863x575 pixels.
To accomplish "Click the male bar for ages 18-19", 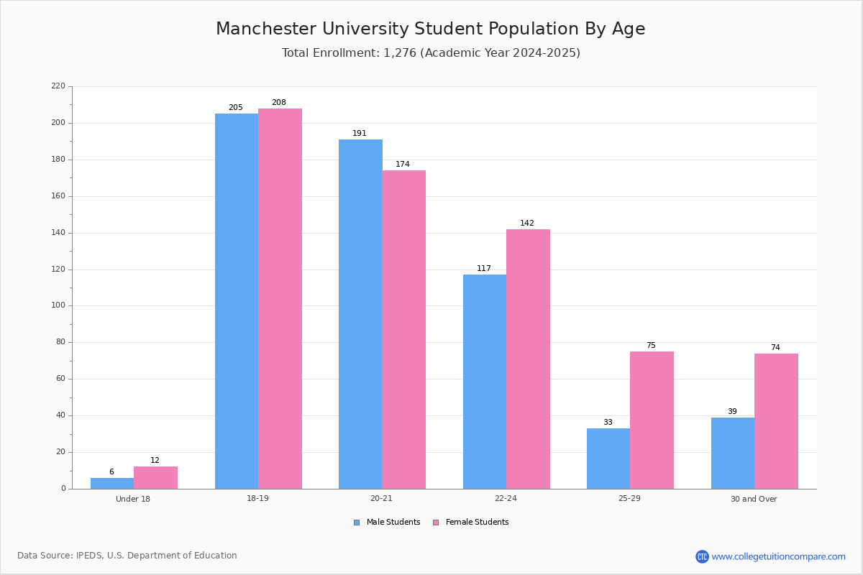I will [x=237, y=301].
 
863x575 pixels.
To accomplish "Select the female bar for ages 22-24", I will [x=528, y=359].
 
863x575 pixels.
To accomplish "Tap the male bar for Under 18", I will [x=112, y=483].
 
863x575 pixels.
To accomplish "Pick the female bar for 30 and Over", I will [x=776, y=420].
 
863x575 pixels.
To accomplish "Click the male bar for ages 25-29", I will [x=608, y=459].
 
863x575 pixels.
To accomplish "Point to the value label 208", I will [x=278, y=103].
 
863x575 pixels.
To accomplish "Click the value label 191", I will [x=360, y=134].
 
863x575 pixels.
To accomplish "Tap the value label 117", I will [x=484, y=269].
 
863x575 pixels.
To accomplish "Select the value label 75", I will [x=651, y=346].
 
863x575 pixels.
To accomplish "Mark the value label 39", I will [x=732, y=412].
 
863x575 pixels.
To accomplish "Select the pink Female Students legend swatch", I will [x=436, y=523].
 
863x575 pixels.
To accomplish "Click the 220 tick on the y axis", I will [x=58, y=86].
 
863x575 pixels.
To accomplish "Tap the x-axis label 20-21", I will [x=382, y=499].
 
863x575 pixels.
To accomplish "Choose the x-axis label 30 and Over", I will [x=754, y=499].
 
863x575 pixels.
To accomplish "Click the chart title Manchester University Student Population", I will [x=430, y=29].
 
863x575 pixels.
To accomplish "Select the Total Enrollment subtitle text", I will [x=430, y=53].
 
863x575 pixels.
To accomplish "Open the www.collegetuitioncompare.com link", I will [x=778, y=556].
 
